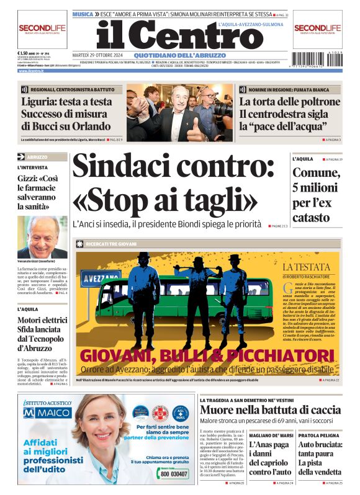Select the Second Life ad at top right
pos(317,30)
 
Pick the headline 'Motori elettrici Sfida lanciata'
pos(42,328)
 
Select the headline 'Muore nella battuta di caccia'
pos(271,410)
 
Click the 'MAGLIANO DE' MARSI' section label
pos(271,435)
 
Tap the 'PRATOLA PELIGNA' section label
pos(320,435)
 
